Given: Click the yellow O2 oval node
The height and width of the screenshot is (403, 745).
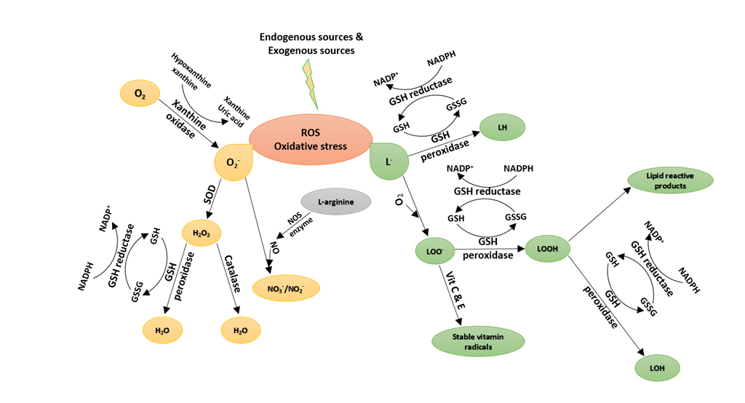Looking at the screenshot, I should [x=139, y=93].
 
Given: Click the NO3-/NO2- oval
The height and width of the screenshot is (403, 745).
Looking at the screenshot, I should [x=285, y=288].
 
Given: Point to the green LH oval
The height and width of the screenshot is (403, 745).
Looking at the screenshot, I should [x=502, y=128].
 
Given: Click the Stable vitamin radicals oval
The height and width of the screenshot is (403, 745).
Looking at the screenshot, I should [x=478, y=340].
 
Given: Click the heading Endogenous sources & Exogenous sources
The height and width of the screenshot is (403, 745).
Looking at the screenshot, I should [x=311, y=44].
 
